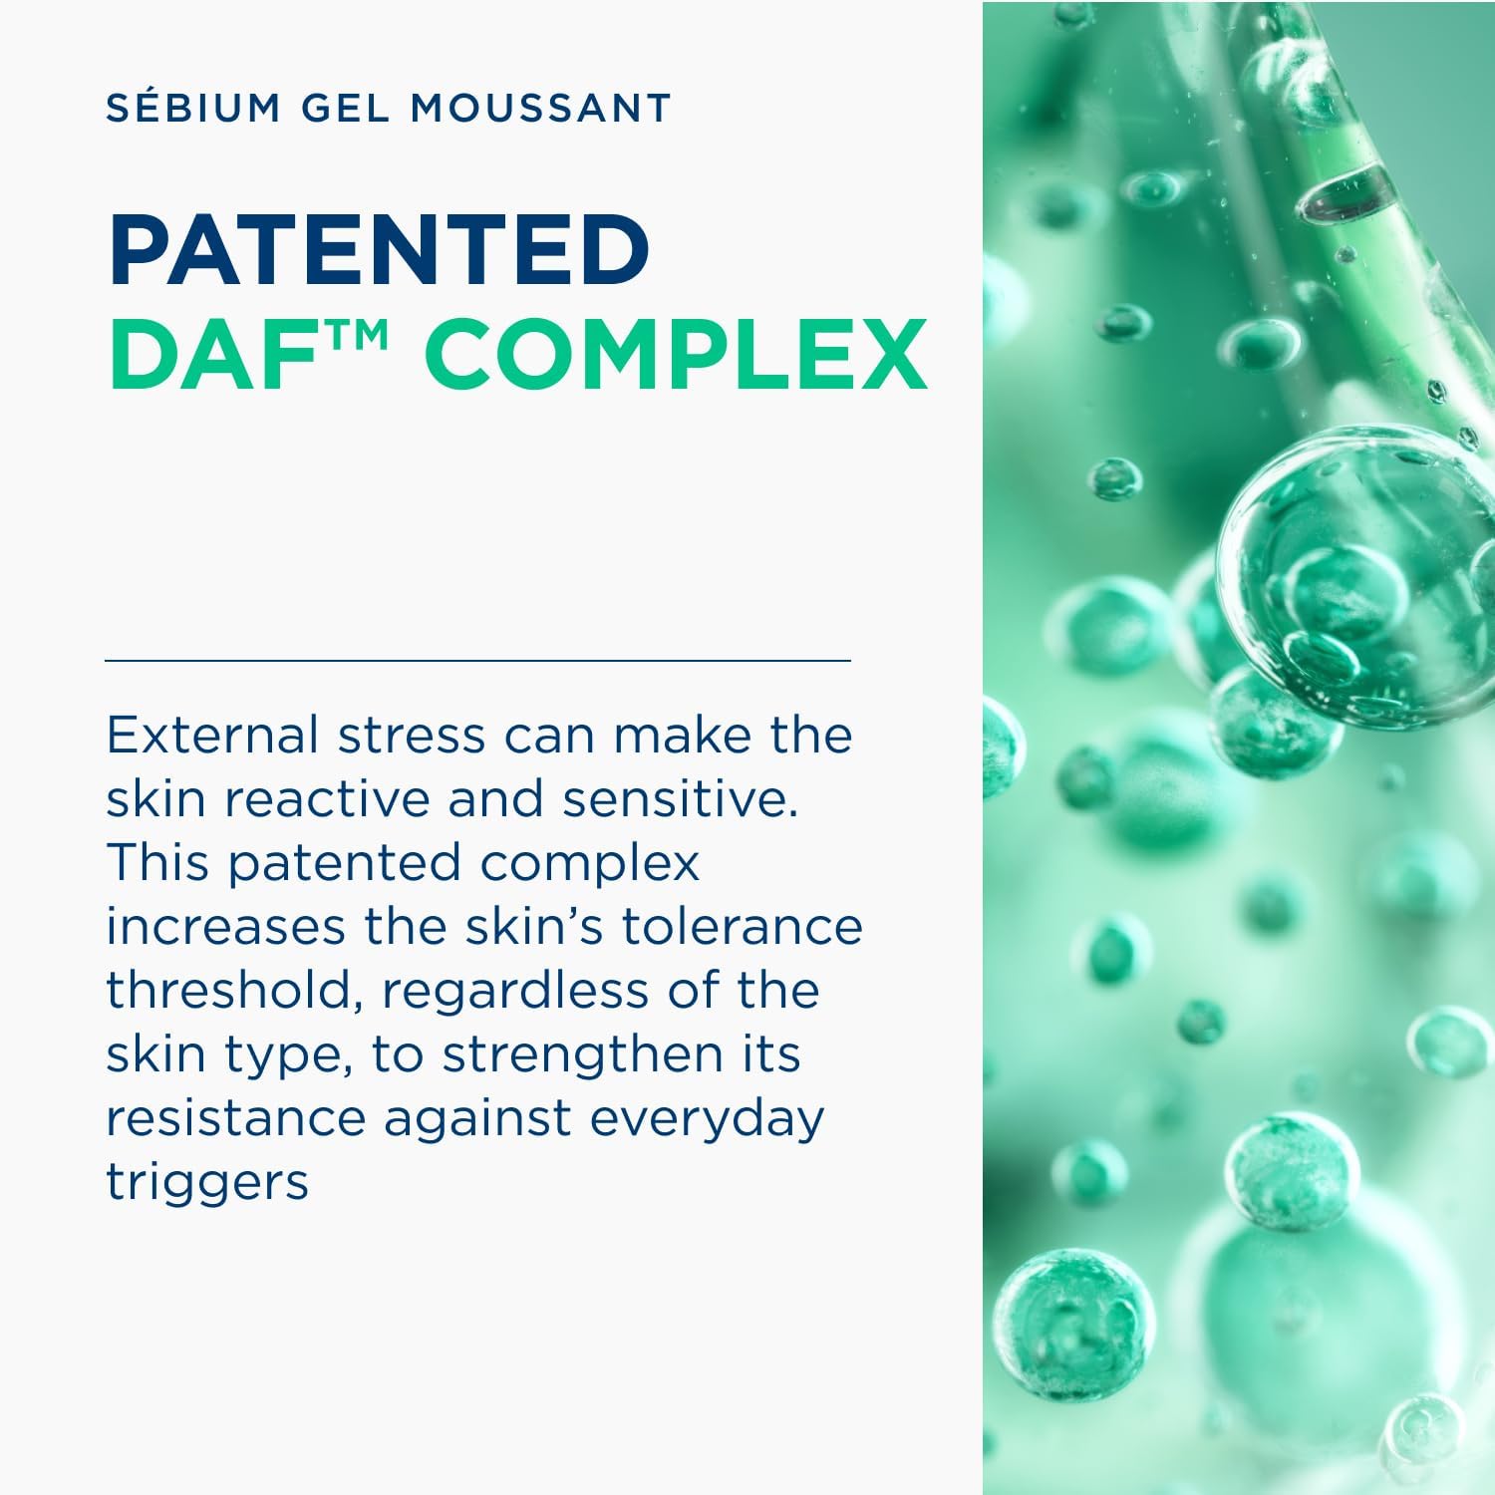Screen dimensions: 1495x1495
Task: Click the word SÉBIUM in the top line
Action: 193,107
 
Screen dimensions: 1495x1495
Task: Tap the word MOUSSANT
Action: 542,108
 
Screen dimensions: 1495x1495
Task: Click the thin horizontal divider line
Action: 477,660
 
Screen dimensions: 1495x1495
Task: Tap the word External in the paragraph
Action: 211,735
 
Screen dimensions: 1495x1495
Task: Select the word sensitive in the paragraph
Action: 680,798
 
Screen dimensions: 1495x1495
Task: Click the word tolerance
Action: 742,926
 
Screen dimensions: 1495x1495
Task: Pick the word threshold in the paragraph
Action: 234,992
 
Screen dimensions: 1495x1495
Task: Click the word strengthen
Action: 582,1055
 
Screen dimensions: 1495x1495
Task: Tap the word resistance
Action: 236,1118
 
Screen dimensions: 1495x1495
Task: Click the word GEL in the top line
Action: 346,108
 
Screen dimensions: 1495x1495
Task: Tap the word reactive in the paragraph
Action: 327,798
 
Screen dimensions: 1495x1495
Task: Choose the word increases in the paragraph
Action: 225,926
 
